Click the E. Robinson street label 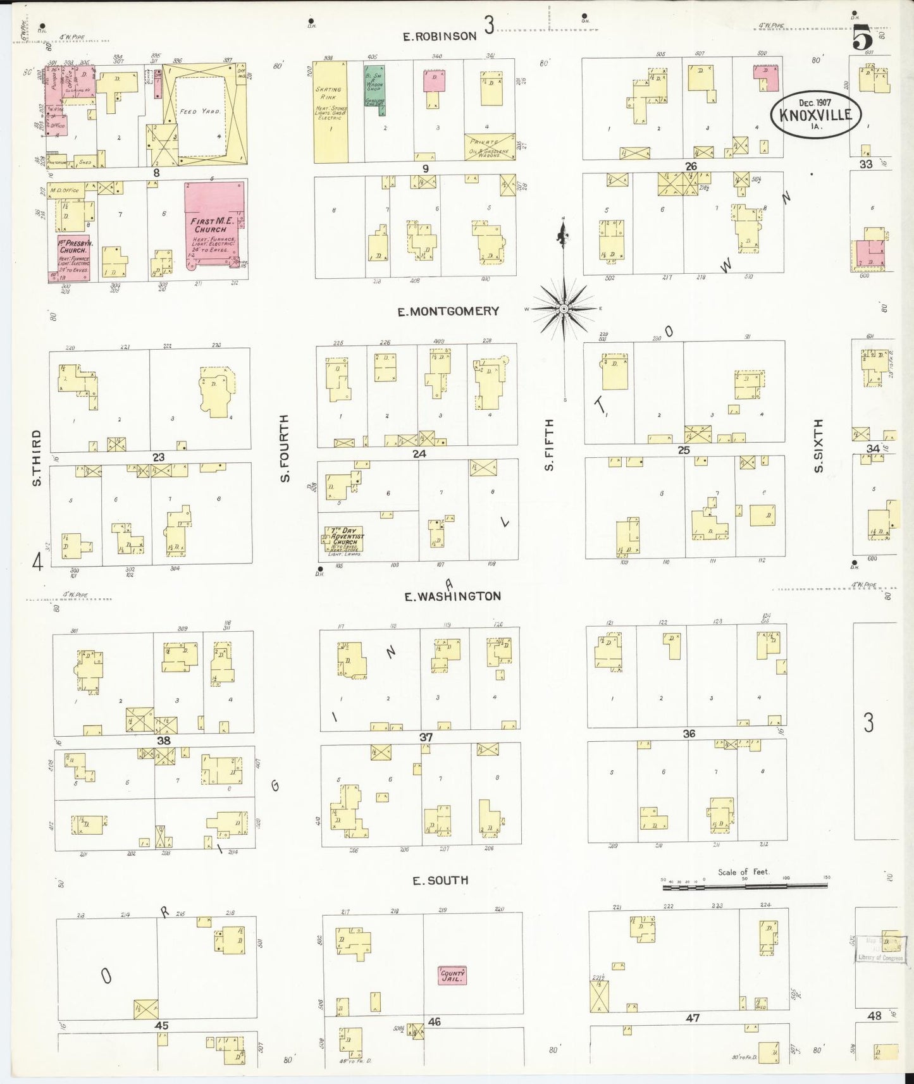coord(440,37)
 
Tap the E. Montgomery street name coord(448,311)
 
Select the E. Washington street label coord(453,596)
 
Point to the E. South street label coord(440,880)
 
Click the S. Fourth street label coord(285,448)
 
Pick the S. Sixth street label coord(818,445)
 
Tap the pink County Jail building coord(452,975)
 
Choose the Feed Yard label coord(199,111)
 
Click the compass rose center coord(564,309)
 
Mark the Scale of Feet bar coord(744,887)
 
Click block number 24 coord(419,453)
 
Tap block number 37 coord(426,737)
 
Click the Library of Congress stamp coord(880,949)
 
